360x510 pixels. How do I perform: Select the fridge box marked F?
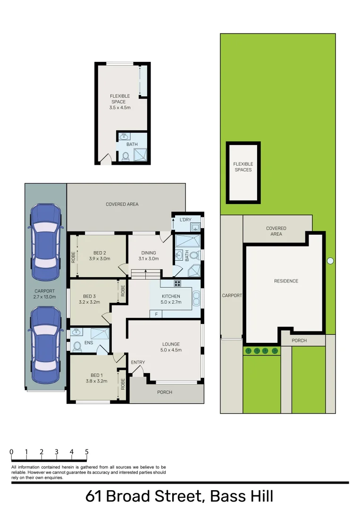click(156, 314)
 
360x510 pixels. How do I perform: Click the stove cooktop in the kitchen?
click(178, 283)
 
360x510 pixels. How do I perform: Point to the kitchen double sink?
click(196, 299)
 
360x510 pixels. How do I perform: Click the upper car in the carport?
click(45, 238)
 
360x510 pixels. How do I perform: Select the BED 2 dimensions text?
click(99, 259)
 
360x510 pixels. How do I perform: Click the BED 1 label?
click(96, 375)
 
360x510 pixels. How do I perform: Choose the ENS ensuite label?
click(88, 343)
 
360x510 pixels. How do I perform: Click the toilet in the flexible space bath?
click(126, 156)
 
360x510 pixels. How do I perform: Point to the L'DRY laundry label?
click(184, 220)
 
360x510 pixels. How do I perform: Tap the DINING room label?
click(149, 253)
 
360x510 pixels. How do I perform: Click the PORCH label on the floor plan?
click(165, 392)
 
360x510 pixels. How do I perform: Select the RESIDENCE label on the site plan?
click(286, 281)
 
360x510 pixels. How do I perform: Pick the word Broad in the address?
click(130, 496)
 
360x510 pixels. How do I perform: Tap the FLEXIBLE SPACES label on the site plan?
click(243, 167)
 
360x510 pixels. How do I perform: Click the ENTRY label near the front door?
click(138, 363)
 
